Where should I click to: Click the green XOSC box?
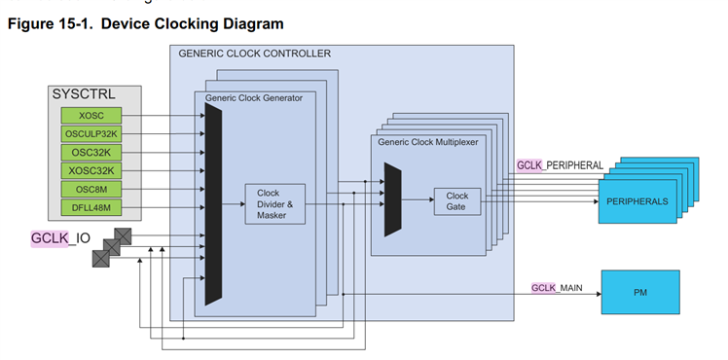click(91, 116)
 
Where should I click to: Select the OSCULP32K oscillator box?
click(91, 134)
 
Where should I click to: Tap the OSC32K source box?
click(91, 152)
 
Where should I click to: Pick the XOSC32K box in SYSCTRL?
click(91, 170)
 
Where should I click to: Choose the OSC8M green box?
click(91, 190)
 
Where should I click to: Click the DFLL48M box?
click(91, 207)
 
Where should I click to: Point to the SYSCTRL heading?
click(84, 94)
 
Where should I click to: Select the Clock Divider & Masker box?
click(274, 204)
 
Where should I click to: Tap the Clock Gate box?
click(457, 201)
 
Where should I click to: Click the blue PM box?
click(640, 292)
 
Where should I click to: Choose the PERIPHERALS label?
click(637, 201)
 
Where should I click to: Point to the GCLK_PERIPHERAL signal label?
click(560, 165)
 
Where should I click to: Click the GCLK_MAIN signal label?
click(557, 288)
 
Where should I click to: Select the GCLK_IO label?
click(60, 238)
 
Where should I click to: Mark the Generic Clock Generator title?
click(253, 98)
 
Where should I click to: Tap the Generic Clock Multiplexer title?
click(427, 142)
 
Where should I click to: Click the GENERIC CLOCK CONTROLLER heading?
click(254, 54)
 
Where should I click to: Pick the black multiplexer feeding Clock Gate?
click(393, 199)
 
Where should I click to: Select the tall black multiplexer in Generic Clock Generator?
click(213, 204)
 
